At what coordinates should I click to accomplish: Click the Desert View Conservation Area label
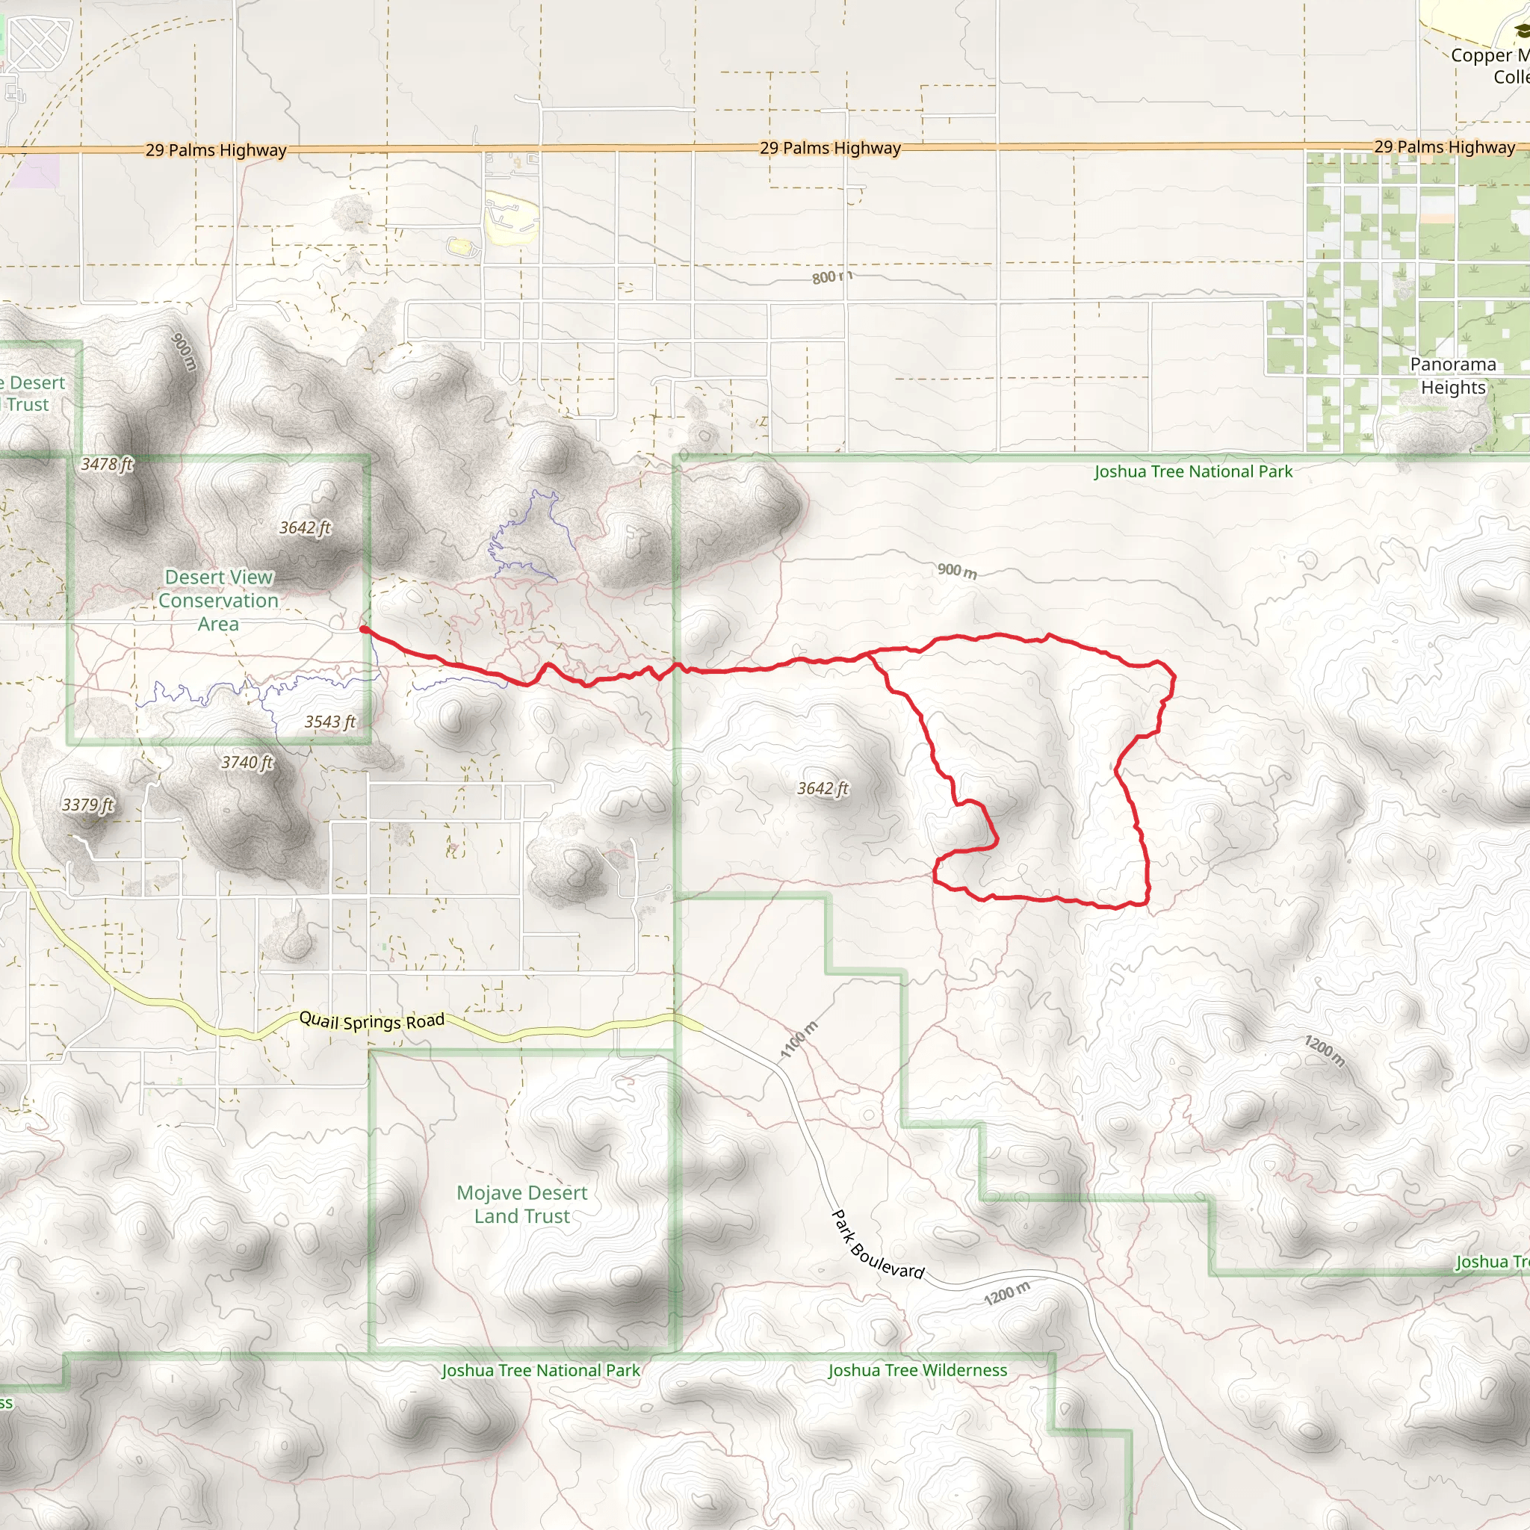pos(218,601)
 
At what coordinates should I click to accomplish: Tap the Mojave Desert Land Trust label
pos(522,1204)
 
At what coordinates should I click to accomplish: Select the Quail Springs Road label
pos(371,1020)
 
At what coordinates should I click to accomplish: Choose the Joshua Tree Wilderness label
pos(917,1370)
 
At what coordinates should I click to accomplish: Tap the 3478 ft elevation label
pos(108,464)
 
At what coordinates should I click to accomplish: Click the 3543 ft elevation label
pos(330,722)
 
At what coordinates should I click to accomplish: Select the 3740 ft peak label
pos(247,762)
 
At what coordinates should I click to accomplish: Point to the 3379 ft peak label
pos(88,805)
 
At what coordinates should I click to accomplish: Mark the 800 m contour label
pos(831,276)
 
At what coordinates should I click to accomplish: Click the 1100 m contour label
pos(799,1040)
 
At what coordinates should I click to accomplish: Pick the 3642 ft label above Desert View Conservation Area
pos(305,527)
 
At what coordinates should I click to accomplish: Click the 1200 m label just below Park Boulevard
pos(1006,1292)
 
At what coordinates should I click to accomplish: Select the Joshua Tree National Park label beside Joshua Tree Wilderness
pos(540,1370)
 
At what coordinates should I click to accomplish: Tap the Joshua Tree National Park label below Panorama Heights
pos(1192,471)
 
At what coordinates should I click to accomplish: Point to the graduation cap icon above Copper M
pos(1521,31)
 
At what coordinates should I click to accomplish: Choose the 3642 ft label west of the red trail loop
pos(823,788)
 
